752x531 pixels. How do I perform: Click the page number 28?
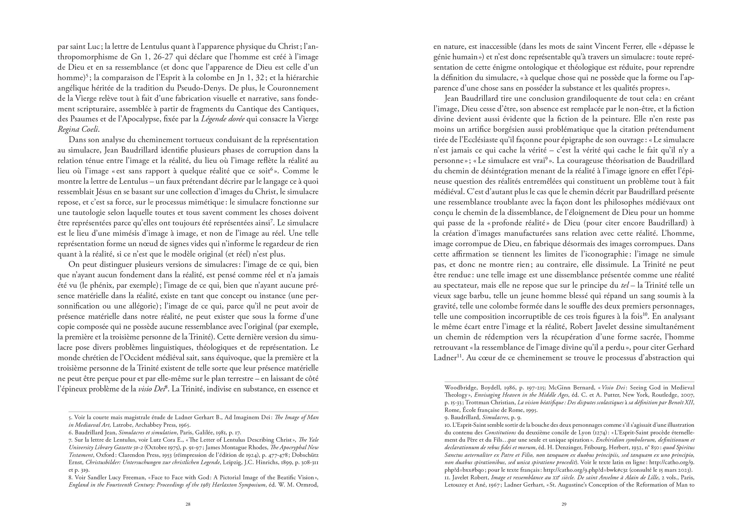tap(188, 504)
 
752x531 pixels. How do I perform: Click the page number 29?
tap(564, 504)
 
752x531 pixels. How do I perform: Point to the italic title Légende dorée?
tap(222, 119)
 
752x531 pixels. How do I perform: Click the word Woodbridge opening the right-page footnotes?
tap(460, 387)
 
